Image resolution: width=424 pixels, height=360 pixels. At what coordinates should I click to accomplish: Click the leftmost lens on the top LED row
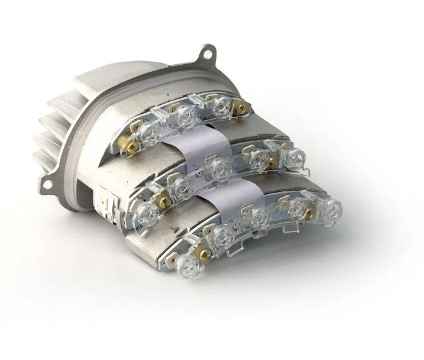[x=148, y=132]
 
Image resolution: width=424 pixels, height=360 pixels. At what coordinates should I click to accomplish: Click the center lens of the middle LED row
[x=219, y=168]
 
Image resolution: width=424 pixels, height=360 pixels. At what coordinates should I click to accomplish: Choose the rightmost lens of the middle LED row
[x=293, y=159]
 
